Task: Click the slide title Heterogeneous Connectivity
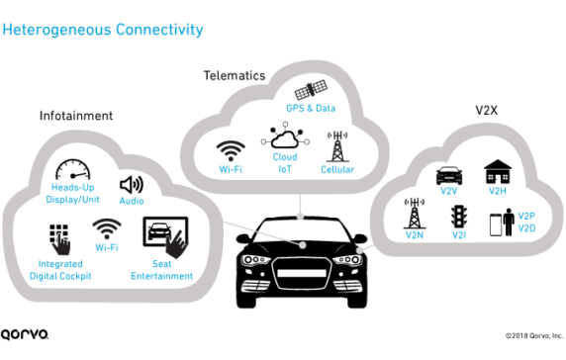pos(103,30)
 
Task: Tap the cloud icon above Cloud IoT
pos(285,138)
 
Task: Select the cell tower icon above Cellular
pos(339,146)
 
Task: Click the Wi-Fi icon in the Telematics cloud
pos(232,151)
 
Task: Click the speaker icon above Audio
pos(132,185)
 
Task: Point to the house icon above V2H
pos(496,173)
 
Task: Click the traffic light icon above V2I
pos(457,216)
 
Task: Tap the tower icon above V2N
pos(414,213)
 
